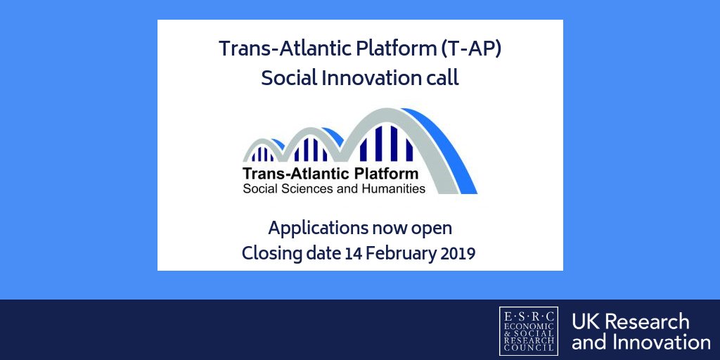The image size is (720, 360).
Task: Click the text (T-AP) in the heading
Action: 466,49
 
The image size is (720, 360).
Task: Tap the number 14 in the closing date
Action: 354,253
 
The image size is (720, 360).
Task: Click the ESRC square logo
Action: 528,330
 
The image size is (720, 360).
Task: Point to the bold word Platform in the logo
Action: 384,173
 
